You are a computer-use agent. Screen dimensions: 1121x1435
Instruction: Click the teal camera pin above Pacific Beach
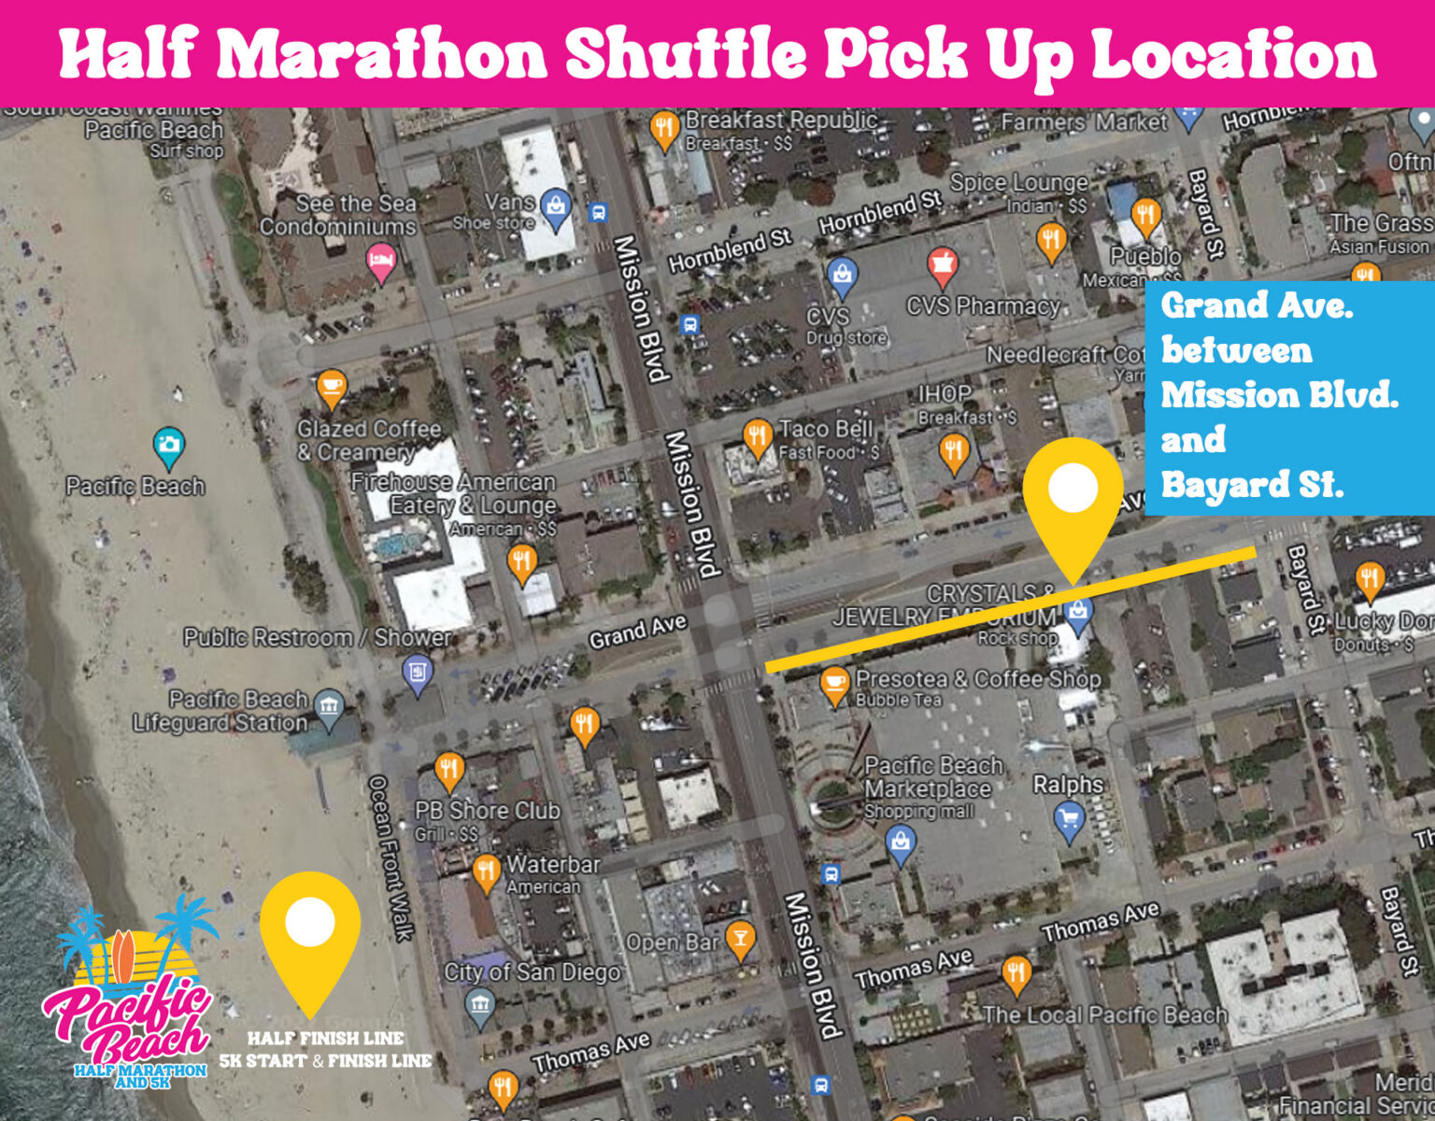(x=168, y=447)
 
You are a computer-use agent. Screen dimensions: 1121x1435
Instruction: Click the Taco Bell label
(x=826, y=429)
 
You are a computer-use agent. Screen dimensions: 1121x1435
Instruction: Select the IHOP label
(x=945, y=393)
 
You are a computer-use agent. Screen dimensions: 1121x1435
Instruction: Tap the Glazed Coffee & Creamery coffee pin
(x=331, y=387)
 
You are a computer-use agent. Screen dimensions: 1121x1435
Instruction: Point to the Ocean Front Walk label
(x=391, y=857)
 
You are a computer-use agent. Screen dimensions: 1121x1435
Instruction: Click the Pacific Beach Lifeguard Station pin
(x=329, y=707)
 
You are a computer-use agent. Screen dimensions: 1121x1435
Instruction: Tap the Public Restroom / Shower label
(x=318, y=638)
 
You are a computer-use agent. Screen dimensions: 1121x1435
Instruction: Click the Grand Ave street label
(x=637, y=632)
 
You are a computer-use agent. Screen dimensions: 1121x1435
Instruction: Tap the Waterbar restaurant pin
(x=485, y=871)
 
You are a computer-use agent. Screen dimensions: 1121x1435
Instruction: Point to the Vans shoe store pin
(x=556, y=206)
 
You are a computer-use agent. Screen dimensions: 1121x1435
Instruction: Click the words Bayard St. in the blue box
(x=1252, y=485)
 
